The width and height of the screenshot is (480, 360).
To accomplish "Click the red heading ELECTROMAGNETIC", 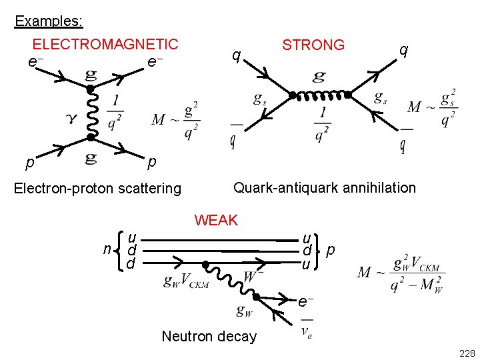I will click(x=105, y=45).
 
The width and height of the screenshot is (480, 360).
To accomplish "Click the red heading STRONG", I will click(x=313, y=45).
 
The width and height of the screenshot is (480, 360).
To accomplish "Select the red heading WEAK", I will click(x=216, y=220).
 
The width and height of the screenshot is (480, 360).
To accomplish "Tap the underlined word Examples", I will click(x=49, y=21).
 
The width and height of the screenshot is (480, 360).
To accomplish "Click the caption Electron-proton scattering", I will click(x=98, y=189).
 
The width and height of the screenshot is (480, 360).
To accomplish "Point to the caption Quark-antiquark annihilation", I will click(x=324, y=188).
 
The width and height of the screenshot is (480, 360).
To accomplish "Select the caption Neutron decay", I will click(x=209, y=336).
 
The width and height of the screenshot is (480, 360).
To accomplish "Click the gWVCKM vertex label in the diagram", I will click(x=186, y=282).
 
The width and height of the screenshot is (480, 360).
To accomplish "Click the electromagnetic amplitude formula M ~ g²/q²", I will click(x=175, y=120).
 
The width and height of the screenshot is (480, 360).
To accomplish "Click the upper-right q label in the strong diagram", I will click(x=403, y=51).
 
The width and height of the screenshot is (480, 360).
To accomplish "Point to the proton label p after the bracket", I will click(x=331, y=251).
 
